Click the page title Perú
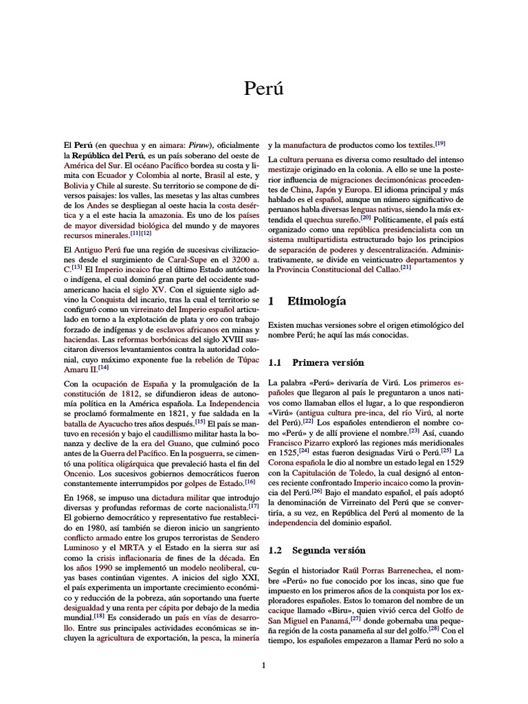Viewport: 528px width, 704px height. click(x=264, y=89)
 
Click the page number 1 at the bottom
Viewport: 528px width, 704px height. click(x=263, y=665)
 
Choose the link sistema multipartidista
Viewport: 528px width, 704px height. click(x=308, y=239)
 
